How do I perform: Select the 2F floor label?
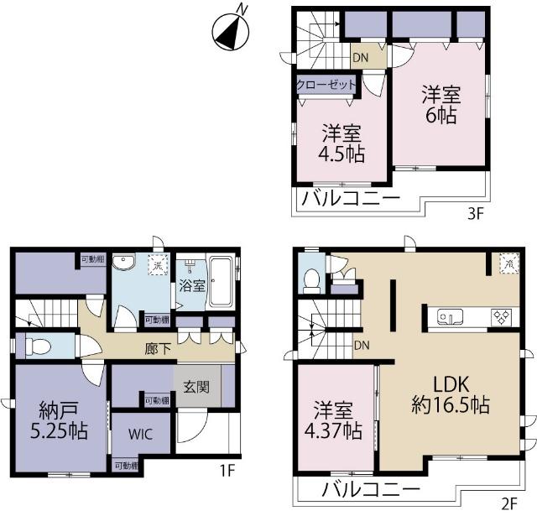(509, 503)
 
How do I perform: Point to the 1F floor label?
(226, 472)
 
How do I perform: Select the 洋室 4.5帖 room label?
(341, 143)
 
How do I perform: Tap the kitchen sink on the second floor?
(449, 317)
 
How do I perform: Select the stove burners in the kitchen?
(502, 317)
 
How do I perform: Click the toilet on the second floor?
(310, 279)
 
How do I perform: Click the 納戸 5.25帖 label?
(59, 422)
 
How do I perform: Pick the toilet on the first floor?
(37, 345)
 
